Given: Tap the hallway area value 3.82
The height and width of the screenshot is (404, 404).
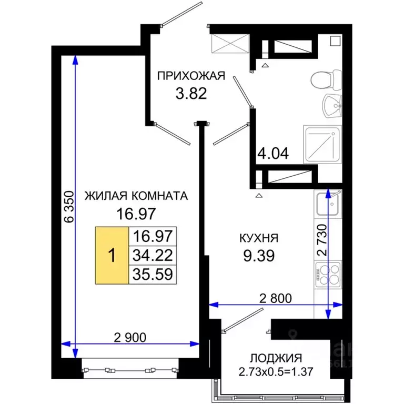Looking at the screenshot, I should click(x=190, y=94).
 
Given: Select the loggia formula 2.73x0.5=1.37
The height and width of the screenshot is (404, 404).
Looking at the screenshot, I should click(x=269, y=372).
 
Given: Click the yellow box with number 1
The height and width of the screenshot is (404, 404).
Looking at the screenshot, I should click(x=112, y=255).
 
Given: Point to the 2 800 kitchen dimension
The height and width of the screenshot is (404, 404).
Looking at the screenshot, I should click(x=275, y=298).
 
